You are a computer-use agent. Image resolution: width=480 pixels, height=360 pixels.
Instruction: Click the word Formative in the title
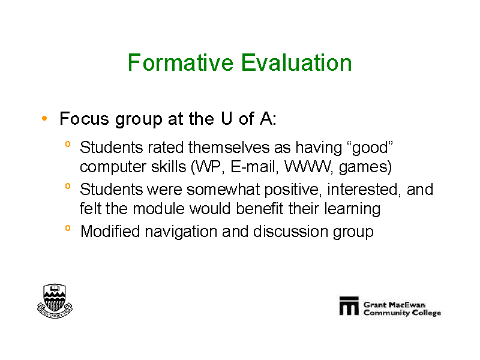(x=181, y=63)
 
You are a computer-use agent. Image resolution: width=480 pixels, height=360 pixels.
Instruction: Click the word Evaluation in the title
(x=296, y=63)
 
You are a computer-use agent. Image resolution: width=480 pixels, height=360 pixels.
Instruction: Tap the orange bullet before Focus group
(x=44, y=118)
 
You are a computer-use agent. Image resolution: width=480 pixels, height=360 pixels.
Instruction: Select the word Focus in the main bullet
(x=84, y=118)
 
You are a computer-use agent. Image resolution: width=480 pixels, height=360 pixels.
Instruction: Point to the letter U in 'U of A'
(x=226, y=118)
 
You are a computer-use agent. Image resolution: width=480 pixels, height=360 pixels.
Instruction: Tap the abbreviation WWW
(x=307, y=167)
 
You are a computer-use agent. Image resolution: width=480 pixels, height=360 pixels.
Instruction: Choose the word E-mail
(x=254, y=167)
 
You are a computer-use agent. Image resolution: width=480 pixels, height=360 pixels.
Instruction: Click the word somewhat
(x=223, y=190)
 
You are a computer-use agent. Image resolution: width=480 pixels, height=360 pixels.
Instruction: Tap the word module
(x=159, y=209)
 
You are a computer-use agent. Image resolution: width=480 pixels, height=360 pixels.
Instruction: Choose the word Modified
(x=110, y=231)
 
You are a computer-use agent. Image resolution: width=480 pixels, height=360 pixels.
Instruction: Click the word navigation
(x=181, y=232)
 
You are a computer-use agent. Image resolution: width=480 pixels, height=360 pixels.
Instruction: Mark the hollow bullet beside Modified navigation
(x=68, y=228)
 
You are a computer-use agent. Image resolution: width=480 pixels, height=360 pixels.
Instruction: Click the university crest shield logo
(x=55, y=301)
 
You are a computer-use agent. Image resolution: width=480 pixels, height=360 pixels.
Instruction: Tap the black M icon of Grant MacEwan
(x=349, y=305)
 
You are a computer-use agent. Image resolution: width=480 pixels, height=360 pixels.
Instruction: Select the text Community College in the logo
(x=402, y=313)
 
